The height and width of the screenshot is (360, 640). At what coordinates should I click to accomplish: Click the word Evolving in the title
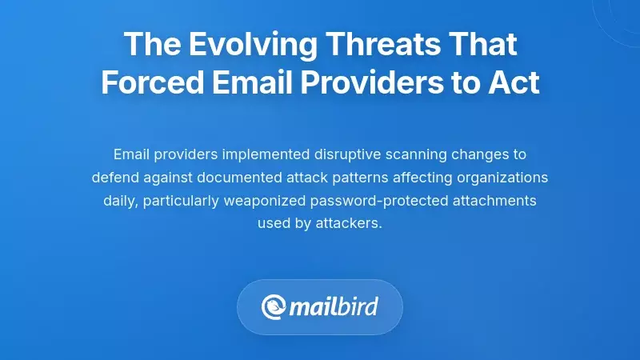pos(226,45)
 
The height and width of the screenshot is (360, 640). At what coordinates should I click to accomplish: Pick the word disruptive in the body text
pos(355,153)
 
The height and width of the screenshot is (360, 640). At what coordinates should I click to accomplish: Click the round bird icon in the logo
pos(272,306)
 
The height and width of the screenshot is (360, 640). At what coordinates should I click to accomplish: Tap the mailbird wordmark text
pos(332,306)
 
